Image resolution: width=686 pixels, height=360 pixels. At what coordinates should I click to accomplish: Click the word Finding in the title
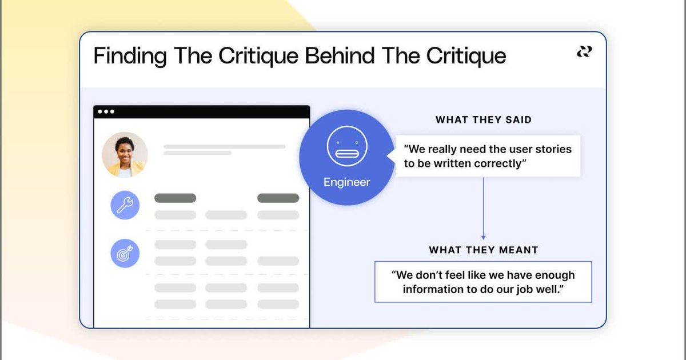point(130,57)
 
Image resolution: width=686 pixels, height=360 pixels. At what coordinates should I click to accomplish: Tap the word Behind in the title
point(338,57)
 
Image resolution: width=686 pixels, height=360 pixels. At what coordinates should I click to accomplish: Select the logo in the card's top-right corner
point(584,52)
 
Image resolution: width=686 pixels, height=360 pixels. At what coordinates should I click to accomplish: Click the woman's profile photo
point(125,155)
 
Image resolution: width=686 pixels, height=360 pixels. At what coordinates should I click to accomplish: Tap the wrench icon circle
point(125,205)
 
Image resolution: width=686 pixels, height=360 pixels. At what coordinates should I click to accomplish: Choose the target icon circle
point(125,254)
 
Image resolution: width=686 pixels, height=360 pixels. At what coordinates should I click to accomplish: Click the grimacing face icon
point(342,146)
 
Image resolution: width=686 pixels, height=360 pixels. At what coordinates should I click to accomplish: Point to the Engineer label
point(346,182)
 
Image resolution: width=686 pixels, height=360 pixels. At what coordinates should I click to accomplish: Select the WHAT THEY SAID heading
point(484,120)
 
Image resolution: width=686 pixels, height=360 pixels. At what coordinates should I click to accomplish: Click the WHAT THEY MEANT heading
point(484,250)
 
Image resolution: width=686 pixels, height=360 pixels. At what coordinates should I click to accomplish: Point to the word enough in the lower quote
point(556,275)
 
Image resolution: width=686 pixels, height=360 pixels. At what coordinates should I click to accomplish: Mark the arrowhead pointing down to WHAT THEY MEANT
point(483,237)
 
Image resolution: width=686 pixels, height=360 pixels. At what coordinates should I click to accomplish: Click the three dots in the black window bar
point(106,112)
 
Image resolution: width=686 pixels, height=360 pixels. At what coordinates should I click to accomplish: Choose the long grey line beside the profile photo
point(224,147)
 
